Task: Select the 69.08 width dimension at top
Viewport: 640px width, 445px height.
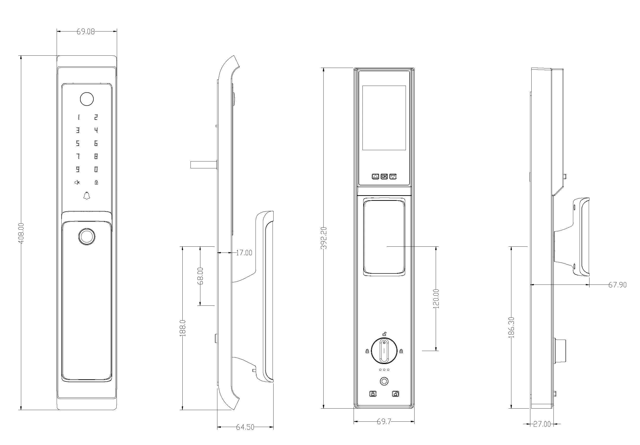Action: point(86,32)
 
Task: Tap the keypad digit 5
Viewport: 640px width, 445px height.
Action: point(78,143)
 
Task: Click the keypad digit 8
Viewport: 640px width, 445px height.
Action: point(96,156)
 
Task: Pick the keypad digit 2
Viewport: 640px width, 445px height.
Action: point(96,117)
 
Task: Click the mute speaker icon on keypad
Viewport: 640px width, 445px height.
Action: point(77,183)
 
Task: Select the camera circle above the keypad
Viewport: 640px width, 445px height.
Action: point(87,99)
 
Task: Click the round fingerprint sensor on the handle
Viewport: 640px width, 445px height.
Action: point(87,237)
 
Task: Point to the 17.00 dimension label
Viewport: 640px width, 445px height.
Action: point(244,253)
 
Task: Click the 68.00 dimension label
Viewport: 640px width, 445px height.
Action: point(200,276)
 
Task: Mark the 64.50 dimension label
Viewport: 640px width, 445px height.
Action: point(245,427)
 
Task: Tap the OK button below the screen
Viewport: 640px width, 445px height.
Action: point(384,176)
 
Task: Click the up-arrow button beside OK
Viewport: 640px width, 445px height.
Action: point(376,176)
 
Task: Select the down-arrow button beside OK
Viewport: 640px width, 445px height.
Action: point(393,176)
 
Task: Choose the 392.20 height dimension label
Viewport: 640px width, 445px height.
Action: point(324,238)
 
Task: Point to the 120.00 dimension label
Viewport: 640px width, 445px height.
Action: point(436,299)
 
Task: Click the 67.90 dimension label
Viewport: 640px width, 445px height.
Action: point(617,285)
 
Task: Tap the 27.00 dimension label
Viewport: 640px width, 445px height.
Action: point(542,424)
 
